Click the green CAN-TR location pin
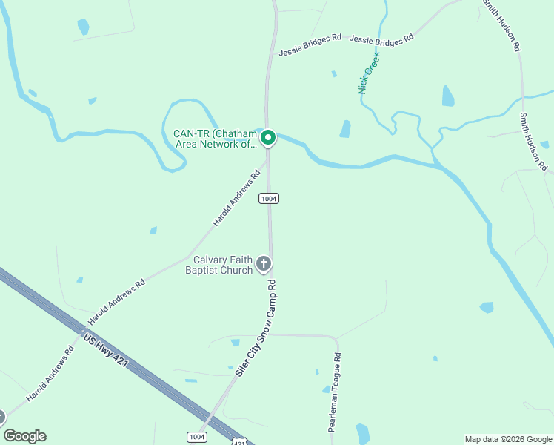[268, 137]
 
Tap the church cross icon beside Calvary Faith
[263, 263]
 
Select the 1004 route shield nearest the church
[268, 199]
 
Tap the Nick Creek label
[368, 73]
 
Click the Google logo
[24, 436]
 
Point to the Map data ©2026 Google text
[508, 439]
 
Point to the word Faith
[243, 260]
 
